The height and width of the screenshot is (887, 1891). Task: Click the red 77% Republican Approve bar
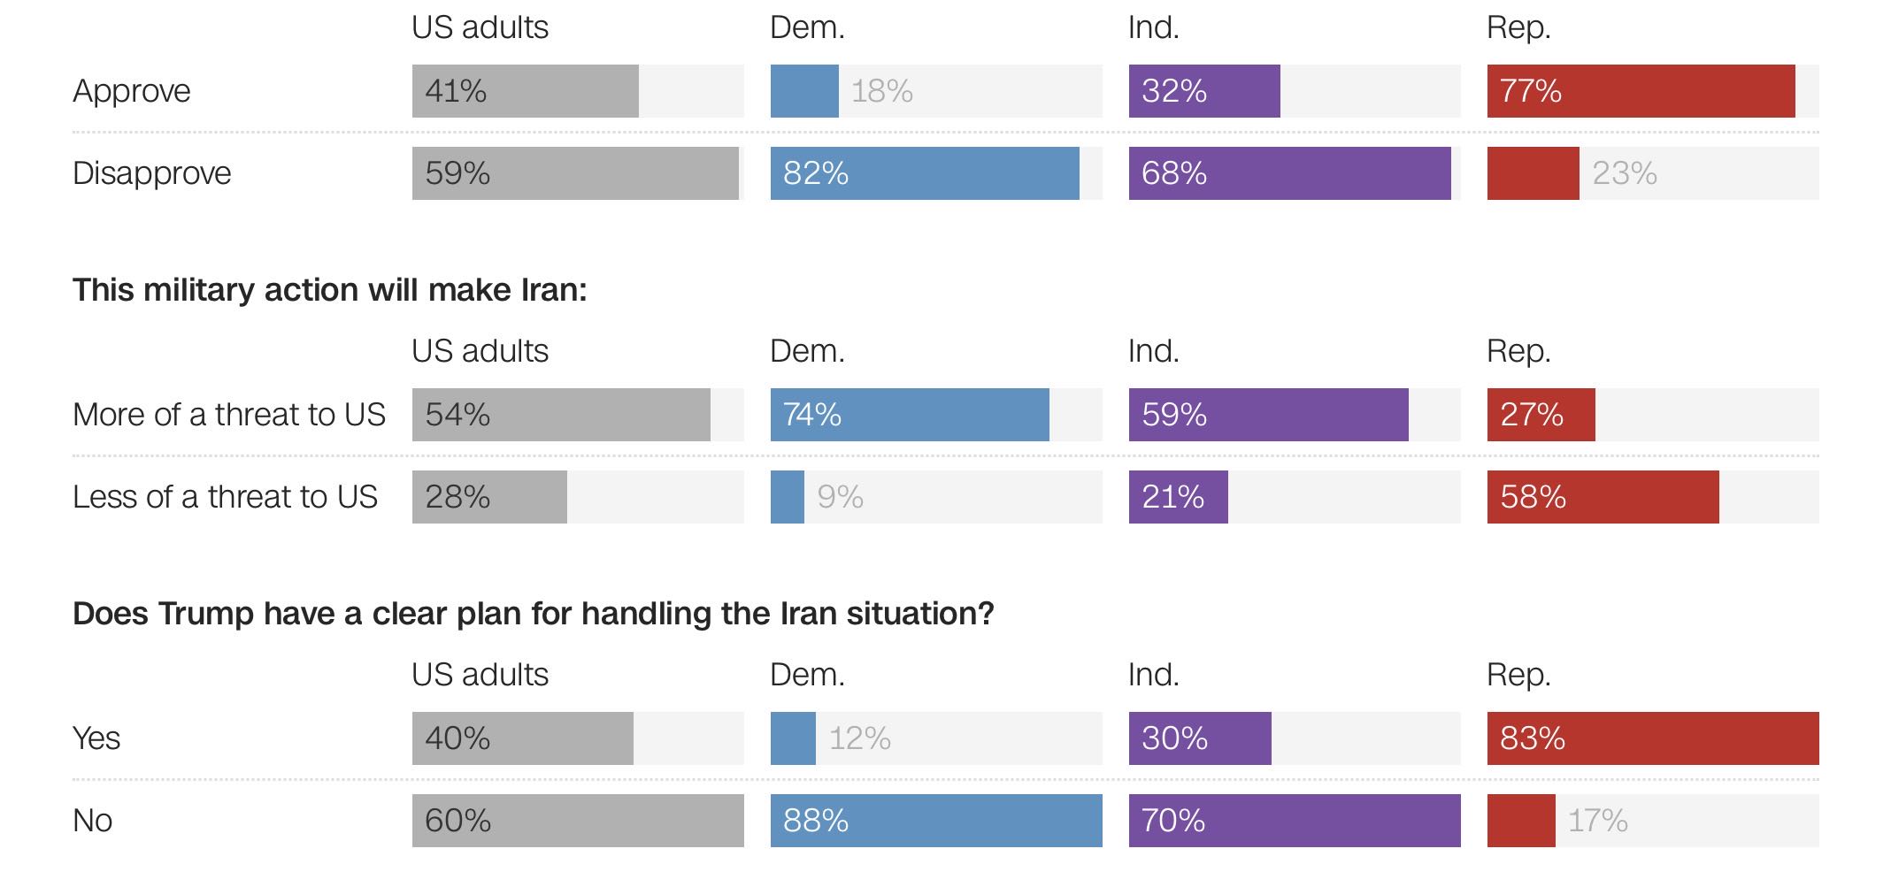click(x=1641, y=91)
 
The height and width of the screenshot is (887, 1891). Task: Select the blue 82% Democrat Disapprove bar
click(x=925, y=173)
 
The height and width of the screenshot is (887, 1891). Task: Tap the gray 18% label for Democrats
click(x=881, y=91)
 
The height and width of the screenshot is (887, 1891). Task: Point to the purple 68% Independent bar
click(x=1289, y=173)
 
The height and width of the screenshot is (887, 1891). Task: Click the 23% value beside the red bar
click(x=1624, y=173)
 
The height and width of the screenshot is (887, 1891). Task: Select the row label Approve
click(x=132, y=91)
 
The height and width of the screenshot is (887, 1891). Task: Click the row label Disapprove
click(x=152, y=173)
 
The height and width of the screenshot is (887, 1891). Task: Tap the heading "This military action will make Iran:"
click(x=330, y=290)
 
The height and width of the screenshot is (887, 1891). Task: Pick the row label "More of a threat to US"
click(x=229, y=415)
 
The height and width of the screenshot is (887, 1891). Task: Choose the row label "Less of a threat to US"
click(x=225, y=497)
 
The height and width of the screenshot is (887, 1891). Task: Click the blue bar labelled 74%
click(x=910, y=415)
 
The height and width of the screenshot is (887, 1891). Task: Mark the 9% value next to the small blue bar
click(x=840, y=497)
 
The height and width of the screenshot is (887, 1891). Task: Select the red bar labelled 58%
click(x=1603, y=497)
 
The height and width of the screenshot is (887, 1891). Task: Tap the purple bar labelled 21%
click(x=1178, y=497)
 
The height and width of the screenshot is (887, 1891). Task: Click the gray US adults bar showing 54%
click(x=561, y=415)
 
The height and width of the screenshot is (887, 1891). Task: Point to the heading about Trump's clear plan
click(x=534, y=614)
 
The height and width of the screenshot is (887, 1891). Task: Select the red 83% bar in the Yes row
click(x=1653, y=738)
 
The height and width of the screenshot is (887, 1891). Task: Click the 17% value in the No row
click(x=1597, y=821)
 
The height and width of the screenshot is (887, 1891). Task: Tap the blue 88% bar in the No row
click(x=936, y=821)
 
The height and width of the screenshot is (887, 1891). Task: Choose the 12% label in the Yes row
click(x=859, y=738)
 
